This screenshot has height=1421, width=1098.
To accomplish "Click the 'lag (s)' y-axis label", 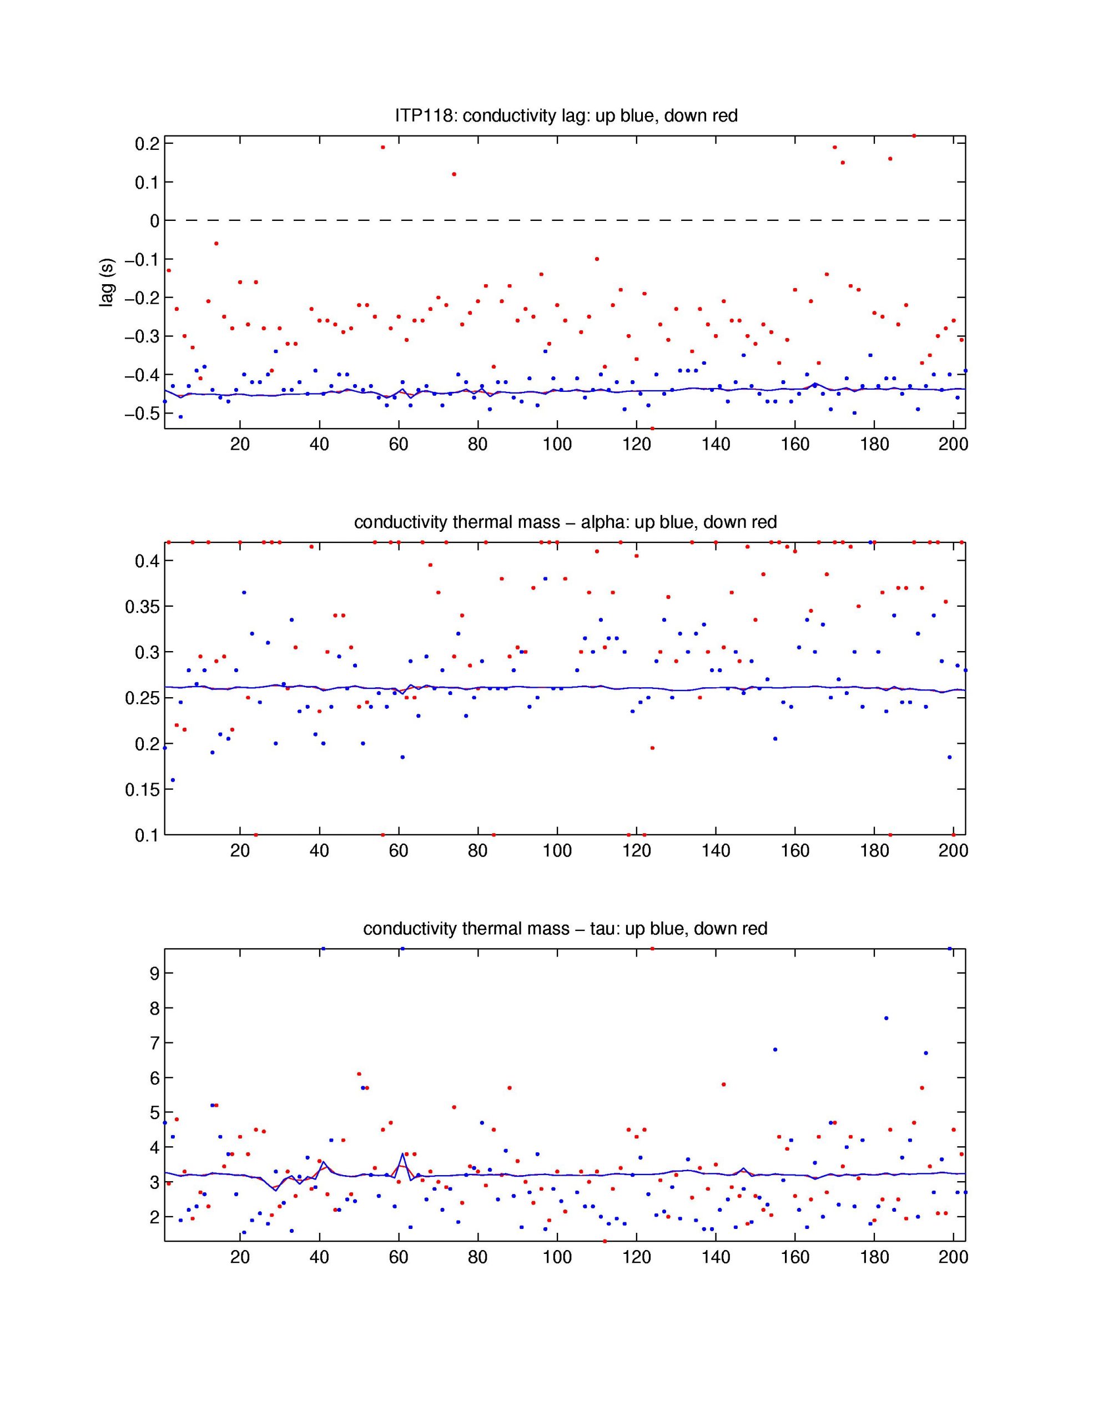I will (107, 283).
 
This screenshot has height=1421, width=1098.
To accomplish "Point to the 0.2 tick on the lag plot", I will (147, 144).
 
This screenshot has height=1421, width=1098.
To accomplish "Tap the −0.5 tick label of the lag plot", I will (142, 414).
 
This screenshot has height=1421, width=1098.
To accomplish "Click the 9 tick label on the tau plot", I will (154, 974).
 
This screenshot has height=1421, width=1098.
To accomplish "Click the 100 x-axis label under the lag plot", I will (557, 445).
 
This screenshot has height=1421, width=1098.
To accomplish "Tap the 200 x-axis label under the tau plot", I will (953, 1257).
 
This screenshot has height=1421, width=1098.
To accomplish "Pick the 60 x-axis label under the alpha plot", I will (399, 851).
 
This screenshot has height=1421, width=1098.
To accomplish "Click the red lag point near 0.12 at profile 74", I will (454, 174).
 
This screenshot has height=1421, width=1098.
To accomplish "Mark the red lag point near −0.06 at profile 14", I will (216, 243).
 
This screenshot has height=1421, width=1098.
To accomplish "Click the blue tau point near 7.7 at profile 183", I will (886, 1018).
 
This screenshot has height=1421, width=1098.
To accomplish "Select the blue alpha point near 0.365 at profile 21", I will (244, 592).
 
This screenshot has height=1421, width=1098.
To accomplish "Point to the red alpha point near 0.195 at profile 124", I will (652, 748).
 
